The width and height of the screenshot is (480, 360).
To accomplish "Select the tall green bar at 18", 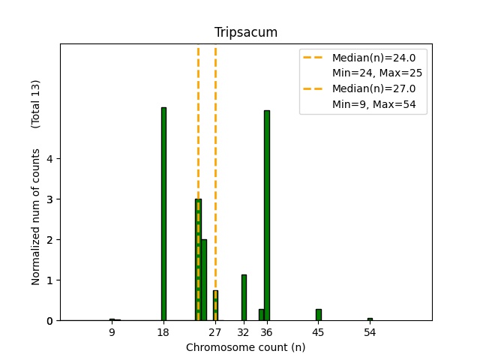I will [x=163, y=214].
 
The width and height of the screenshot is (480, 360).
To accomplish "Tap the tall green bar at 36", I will [x=266, y=215].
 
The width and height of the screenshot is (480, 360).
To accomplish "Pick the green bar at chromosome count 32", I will [x=244, y=298].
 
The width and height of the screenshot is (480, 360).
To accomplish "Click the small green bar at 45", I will [x=318, y=315].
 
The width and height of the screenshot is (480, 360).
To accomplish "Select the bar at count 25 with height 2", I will [x=204, y=280].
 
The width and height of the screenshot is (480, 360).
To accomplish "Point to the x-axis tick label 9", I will [x=112, y=332].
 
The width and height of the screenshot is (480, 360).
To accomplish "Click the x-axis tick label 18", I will [x=163, y=332].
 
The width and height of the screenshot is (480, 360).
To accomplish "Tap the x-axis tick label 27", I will [x=215, y=332].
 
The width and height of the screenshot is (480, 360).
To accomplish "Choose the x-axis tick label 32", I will [x=243, y=332].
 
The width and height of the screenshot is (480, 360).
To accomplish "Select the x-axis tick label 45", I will [x=318, y=332].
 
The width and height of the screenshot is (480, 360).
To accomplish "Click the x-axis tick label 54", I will [x=370, y=332].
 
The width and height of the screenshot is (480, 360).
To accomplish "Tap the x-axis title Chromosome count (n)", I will [x=245, y=347].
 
